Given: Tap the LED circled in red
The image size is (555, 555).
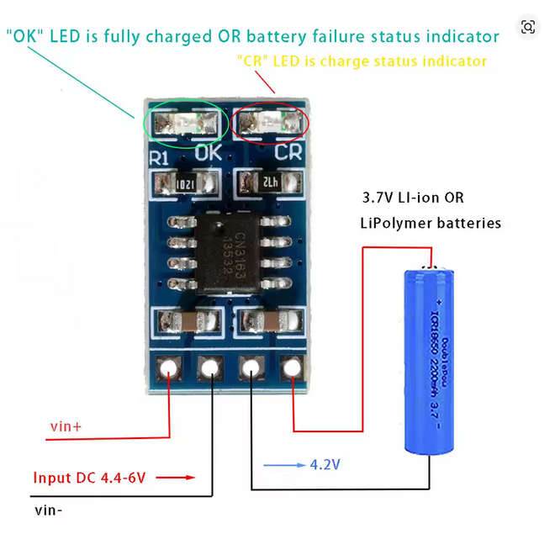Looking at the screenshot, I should tap(271, 124).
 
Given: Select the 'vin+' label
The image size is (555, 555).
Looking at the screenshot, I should tap(66, 426).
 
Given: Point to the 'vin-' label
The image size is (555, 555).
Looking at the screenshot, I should tap(49, 510).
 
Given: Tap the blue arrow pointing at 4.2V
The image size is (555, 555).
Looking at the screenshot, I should tap(284, 464).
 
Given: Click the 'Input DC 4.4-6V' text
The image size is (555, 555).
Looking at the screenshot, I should tap(90, 478).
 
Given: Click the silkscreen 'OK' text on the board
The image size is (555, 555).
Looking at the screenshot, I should tap(208, 154).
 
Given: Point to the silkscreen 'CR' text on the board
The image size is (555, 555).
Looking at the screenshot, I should tap(288, 154).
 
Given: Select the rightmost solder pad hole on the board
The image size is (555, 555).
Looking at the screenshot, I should tap(292, 367).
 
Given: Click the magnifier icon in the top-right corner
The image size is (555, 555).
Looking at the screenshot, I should tap(528, 28).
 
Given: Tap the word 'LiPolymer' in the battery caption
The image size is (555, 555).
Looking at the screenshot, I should tap(392, 223).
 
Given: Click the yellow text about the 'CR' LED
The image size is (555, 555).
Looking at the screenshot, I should tap(362, 61).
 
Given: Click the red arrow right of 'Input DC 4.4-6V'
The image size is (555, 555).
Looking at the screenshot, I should tap(176, 478).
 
